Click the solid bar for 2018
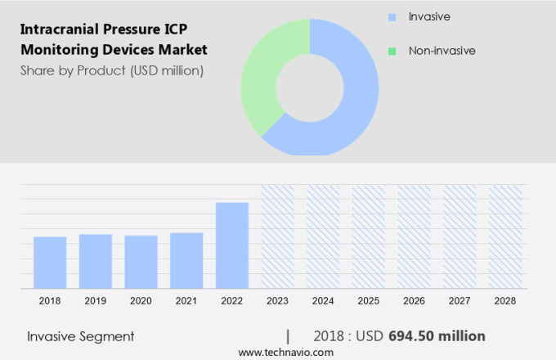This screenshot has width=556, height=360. tap(50, 262)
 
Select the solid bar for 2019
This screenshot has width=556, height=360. tap(96, 261)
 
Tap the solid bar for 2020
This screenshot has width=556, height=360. tap(141, 262)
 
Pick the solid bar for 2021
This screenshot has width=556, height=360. tap(186, 260)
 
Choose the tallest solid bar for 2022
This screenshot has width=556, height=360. tap(232, 245)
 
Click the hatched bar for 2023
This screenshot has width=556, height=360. tap(277, 236)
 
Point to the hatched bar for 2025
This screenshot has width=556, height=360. tap(369, 236)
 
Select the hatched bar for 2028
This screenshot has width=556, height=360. tap(505, 236)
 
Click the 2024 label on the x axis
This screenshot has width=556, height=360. tap(323, 301)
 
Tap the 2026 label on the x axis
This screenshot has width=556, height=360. tap(414, 301)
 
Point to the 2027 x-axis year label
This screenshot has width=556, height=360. tap(460, 301)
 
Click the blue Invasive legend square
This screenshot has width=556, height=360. tap(392, 16)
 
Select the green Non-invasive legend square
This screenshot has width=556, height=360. tap(392, 51)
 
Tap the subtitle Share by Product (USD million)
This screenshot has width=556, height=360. tap(112, 70)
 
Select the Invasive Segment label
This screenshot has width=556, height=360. tap(80, 336)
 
